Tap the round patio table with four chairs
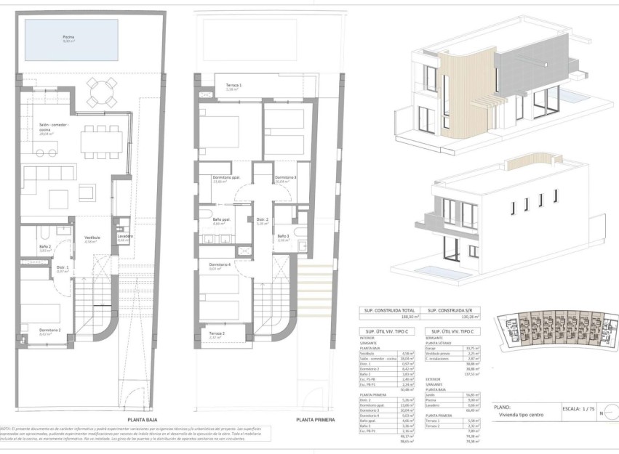[100, 92]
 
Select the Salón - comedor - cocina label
[54, 128]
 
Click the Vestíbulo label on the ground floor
[92, 239]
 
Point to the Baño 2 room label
[45, 247]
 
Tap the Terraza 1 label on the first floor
[234, 86]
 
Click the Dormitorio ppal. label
[226, 178]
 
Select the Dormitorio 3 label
[285, 178]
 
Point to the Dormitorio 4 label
[220, 264]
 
